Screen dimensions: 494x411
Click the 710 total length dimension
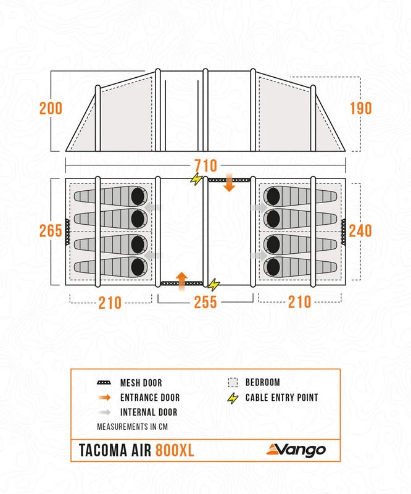205,165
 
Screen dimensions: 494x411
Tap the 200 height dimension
51,108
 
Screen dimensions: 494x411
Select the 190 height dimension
360,108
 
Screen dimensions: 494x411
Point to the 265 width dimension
51,230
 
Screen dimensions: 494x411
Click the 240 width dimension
360,230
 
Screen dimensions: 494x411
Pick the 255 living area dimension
205,303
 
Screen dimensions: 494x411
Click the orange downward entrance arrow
229,183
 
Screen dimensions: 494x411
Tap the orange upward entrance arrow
182,280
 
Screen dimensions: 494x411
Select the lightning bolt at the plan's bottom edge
214,284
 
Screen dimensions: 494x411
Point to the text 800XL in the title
174,450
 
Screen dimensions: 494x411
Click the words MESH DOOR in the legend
141,383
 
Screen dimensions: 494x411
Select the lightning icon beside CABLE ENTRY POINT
233,398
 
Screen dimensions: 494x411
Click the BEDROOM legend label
262,383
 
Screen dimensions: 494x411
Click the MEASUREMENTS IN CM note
132,427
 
